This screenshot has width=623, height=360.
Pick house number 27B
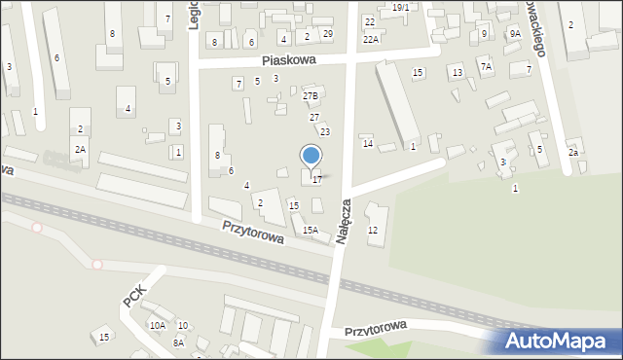(311, 96)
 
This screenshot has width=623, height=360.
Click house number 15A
(310, 230)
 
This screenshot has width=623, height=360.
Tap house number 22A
(371, 39)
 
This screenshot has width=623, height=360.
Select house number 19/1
(401, 7)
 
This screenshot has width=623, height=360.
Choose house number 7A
(485, 66)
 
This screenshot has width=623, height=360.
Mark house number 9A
(514, 34)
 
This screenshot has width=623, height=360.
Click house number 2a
(574, 153)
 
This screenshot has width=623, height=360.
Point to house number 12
(373, 230)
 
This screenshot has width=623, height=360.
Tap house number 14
(368, 144)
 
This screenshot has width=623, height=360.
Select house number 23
(325, 131)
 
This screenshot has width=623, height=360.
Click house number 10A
(157, 325)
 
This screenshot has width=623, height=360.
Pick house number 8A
(178, 342)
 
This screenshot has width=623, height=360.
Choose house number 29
(328, 34)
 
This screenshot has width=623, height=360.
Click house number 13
(457, 73)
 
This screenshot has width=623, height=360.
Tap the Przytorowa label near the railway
(252, 231)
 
